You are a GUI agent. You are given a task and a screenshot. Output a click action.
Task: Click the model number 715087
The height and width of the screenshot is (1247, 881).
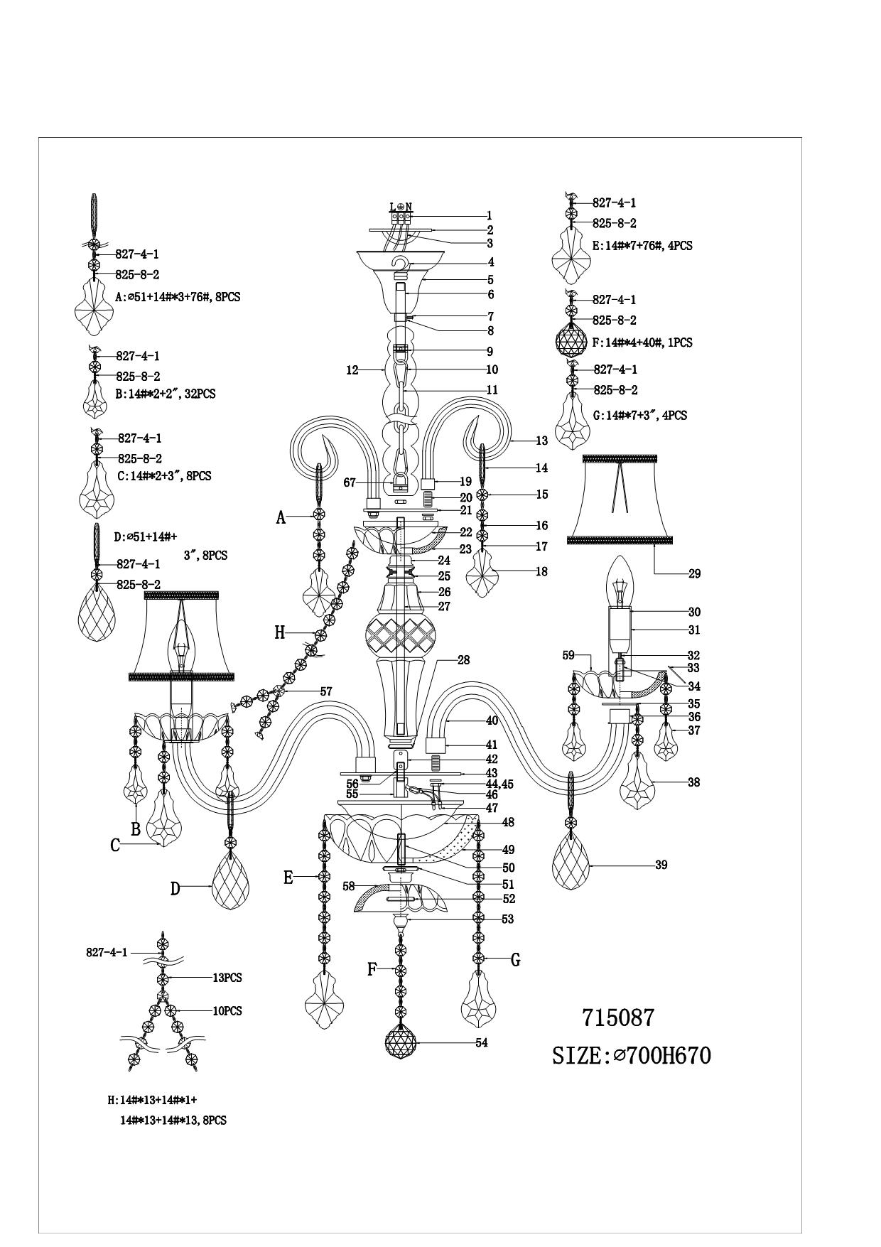pyautogui.click(x=617, y=1018)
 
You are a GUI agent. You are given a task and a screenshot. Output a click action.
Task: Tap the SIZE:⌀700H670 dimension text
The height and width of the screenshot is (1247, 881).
pyautogui.click(x=631, y=1056)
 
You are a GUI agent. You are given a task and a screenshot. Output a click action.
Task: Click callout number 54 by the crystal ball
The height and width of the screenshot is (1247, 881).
pyautogui.click(x=482, y=1043)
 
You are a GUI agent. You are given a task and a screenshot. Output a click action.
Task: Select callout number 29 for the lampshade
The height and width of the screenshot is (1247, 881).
pyautogui.click(x=694, y=573)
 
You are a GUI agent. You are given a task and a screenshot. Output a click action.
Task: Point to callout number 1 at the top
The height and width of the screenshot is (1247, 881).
pyautogui.click(x=489, y=215)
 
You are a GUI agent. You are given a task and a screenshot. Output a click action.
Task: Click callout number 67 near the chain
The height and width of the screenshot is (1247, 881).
pyautogui.click(x=350, y=482)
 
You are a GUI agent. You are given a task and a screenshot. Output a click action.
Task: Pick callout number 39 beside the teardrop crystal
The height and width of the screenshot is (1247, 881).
pyautogui.click(x=661, y=865)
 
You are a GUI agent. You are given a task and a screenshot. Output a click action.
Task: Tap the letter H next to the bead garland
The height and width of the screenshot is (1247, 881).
pyautogui.click(x=280, y=632)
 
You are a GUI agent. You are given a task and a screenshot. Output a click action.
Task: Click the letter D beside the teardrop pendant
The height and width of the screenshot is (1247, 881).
pyautogui.click(x=175, y=888)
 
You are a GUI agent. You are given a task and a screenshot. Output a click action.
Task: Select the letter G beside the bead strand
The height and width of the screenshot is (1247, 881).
pyautogui.click(x=516, y=960)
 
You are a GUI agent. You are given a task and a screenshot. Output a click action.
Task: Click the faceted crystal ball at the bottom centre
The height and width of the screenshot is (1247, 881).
pyautogui.click(x=401, y=1042)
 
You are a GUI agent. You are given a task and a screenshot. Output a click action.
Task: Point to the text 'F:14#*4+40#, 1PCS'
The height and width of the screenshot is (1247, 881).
pyautogui.click(x=642, y=342)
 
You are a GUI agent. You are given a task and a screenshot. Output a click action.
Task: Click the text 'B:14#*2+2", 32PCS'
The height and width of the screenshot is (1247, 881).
pyautogui.click(x=166, y=394)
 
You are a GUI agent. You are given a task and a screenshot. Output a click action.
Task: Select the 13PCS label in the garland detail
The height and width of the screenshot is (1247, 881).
pyautogui.click(x=227, y=978)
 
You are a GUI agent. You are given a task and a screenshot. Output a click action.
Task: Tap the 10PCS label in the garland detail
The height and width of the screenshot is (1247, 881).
pyautogui.click(x=227, y=1011)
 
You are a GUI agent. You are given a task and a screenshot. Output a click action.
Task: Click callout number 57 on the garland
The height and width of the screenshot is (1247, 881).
pyautogui.click(x=326, y=691)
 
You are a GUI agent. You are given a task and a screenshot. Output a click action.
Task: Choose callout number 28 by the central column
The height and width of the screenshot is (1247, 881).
pyautogui.click(x=463, y=661)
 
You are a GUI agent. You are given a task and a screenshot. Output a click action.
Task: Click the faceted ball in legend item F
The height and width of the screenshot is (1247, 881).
pyautogui.click(x=572, y=340)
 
